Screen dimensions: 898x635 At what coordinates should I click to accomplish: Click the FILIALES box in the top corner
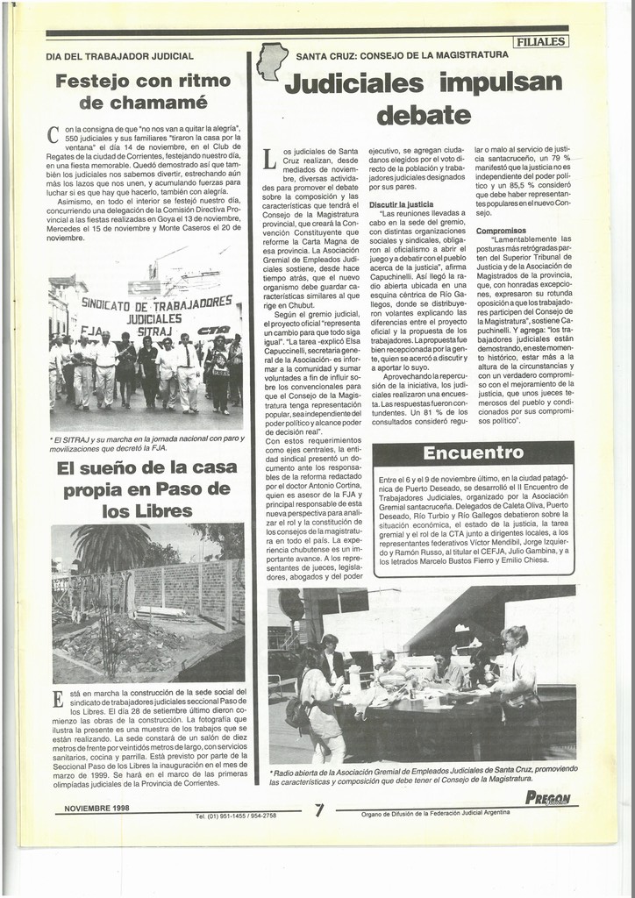(x=541, y=41)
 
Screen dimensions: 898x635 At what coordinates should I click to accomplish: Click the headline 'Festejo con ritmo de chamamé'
(x=143, y=91)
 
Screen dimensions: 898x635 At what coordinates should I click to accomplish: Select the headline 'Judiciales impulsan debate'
(x=424, y=98)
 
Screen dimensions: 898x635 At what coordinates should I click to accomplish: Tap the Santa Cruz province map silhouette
(x=271, y=61)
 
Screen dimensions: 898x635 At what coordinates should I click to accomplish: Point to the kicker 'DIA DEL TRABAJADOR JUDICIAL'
(x=119, y=56)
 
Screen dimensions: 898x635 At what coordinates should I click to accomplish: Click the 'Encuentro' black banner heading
(x=473, y=453)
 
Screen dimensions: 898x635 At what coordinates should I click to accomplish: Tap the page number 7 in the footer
(x=319, y=810)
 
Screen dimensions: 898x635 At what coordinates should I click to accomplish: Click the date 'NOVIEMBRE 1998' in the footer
(x=96, y=808)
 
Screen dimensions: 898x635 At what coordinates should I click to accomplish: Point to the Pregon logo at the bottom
(x=547, y=798)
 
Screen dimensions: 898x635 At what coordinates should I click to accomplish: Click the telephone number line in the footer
(x=235, y=816)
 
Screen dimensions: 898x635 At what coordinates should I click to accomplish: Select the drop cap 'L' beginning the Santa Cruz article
(x=269, y=159)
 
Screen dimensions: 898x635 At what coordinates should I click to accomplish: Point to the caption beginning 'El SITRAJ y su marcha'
(x=146, y=443)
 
